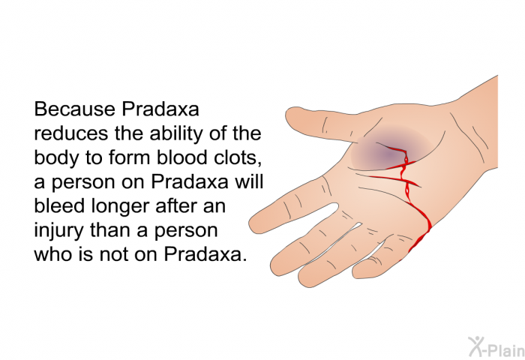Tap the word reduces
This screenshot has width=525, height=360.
tap(71, 133)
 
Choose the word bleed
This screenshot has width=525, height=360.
tap(59, 205)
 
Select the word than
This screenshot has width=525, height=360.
tap(111, 229)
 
